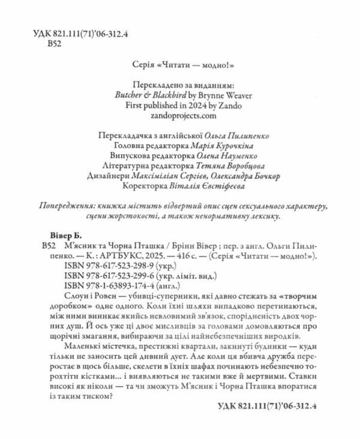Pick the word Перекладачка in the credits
click(124, 133)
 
